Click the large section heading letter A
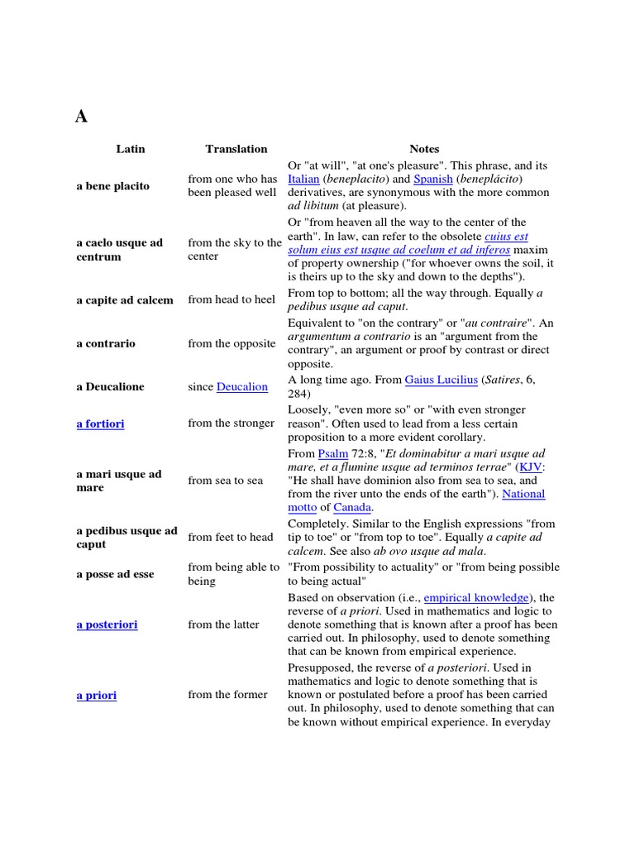pos(81,117)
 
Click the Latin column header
pos(130,149)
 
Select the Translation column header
pos(236,149)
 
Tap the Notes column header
pos(424,149)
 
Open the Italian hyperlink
pos(303,179)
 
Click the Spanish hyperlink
pos(432,179)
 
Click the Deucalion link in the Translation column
pos(242,387)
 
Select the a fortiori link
pos(100,423)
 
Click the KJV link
pos(531,467)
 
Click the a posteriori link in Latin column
pos(107,624)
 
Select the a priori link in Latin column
pos(96,696)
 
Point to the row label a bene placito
pos(112,186)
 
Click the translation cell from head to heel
pos(232,299)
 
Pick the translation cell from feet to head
pos(230,538)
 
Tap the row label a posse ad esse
pos(115,574)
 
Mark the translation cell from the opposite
pos(232,343)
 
